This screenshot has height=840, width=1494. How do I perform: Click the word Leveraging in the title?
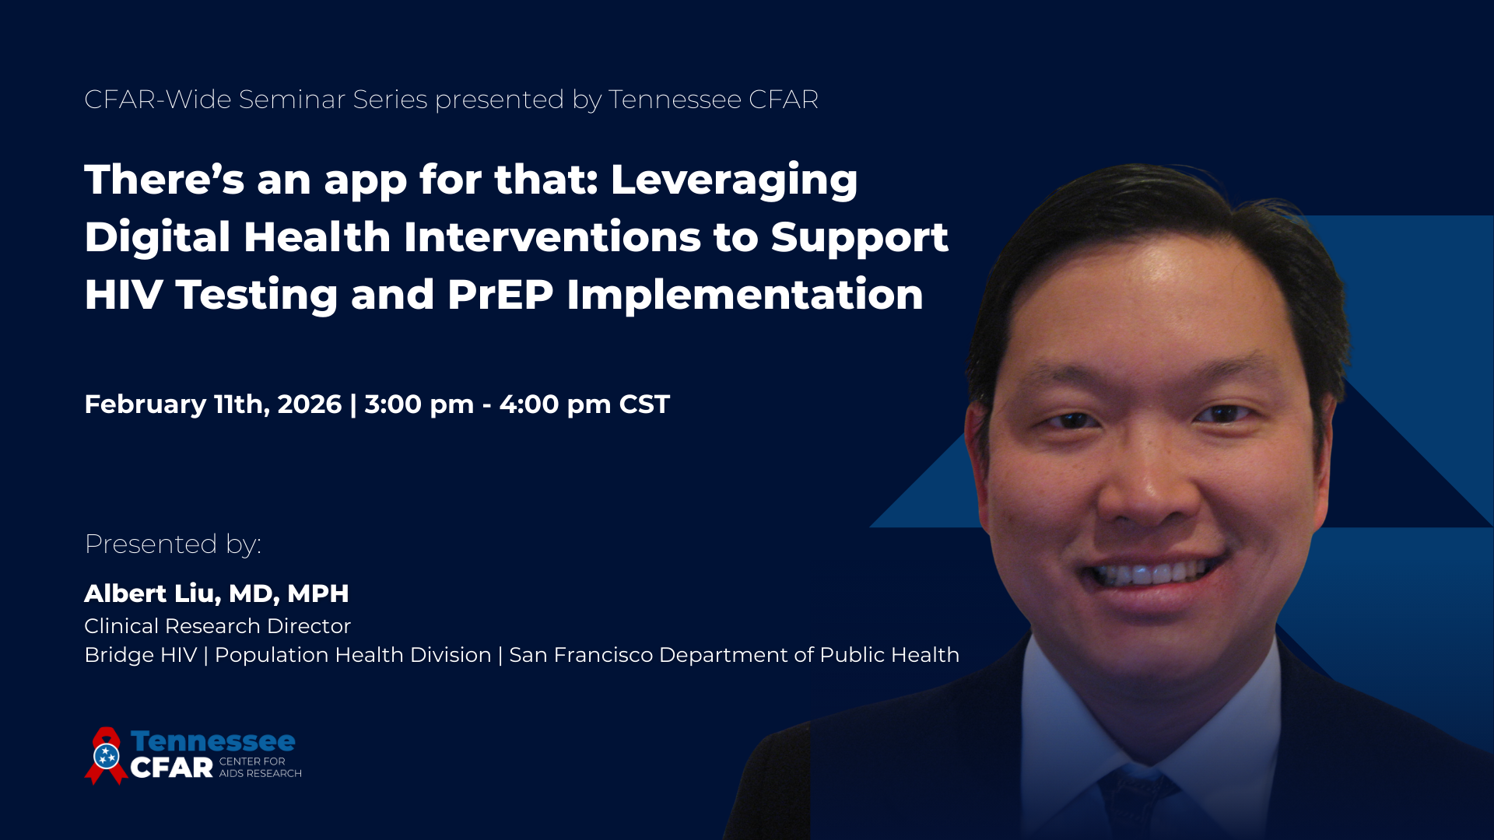734,181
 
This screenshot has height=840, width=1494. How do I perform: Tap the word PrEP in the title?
500,295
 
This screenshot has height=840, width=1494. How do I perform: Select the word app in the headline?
366,183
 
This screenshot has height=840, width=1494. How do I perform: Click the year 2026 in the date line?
310,404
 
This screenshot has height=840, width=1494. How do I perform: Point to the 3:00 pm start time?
419,405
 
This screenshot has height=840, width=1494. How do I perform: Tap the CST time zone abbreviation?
644,404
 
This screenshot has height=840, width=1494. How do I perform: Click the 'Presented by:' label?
173,544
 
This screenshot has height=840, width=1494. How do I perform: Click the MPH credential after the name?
318,593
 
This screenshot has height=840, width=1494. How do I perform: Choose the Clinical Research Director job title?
218,626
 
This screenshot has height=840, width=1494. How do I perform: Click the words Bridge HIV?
141,655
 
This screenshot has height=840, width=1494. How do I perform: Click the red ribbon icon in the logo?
107,755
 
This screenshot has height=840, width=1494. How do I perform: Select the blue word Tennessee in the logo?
213,741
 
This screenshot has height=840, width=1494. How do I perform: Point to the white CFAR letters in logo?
172,768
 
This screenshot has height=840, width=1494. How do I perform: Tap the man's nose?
1147,486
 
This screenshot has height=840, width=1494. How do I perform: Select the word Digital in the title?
160,239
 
